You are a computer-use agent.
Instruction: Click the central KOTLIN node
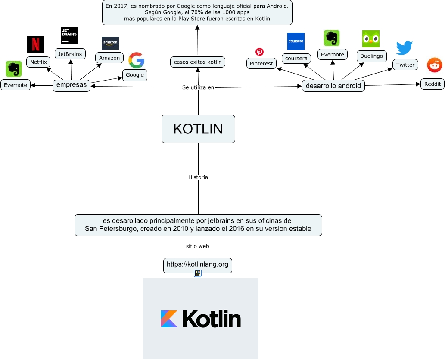tap(198, 129)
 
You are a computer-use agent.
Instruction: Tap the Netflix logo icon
tap(36, 44)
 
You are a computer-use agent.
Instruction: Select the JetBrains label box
tap(70, 54)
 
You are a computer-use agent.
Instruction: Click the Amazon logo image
tap(110, 43)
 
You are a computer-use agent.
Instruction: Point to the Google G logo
tap(137, 60)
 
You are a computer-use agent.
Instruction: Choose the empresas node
tap(72, 85)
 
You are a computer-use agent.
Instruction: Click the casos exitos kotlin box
tap(198, 62)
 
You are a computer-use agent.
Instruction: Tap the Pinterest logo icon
tap(259, 52)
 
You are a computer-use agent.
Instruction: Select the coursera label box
tap(296, 58)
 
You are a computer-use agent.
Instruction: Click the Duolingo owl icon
tap(371, 39)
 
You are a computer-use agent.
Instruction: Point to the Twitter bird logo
tap(405, 48)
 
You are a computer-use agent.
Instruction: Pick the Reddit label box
tap(433, 84)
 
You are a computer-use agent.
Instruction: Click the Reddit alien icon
tap(435, 65)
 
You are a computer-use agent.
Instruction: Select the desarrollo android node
tap(333, 86)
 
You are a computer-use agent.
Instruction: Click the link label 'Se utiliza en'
tap(198, 87)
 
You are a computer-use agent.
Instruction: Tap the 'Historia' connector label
tap(198, 177)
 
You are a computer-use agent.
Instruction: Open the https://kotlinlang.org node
tap(198, 264)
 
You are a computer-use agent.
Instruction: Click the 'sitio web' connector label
tap(198, 246)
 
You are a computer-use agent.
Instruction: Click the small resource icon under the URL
tap(198, 273)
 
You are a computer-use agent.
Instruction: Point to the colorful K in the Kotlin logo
tap(169, 319)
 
